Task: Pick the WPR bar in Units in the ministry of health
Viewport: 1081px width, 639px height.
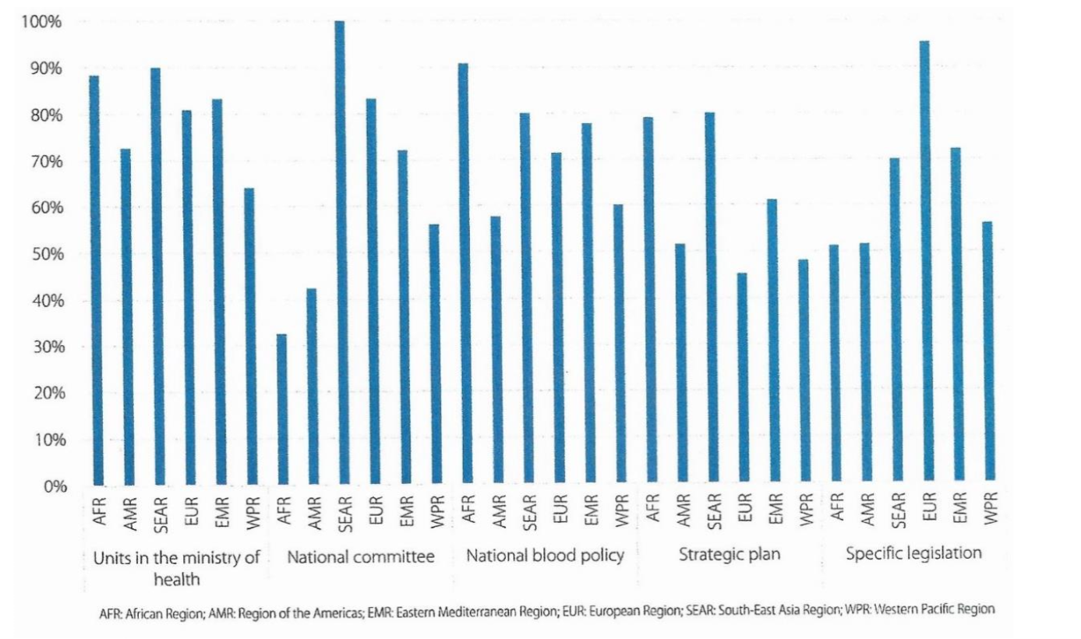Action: click(x=251, y=336)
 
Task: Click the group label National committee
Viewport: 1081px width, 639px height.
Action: click(x=360, y=557)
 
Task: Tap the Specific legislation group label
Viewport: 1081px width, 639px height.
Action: click(x=913, y=556)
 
